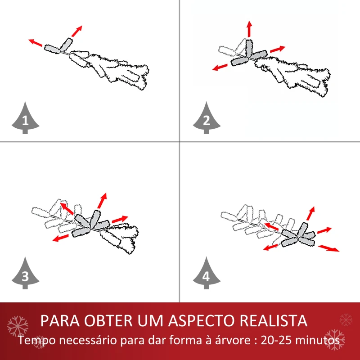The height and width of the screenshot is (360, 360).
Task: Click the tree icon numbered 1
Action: click(x=25, y=118)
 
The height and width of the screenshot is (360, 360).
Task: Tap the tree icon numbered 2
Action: click(x=207, y=118)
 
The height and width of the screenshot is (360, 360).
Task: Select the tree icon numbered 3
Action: click(x=25, y=275)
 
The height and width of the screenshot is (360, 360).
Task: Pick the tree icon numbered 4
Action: click(x=207, y=275)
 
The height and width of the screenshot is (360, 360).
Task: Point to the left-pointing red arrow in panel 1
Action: click(x=36, y=43)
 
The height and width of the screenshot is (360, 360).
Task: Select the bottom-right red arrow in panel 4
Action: click(x=329, y=248)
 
